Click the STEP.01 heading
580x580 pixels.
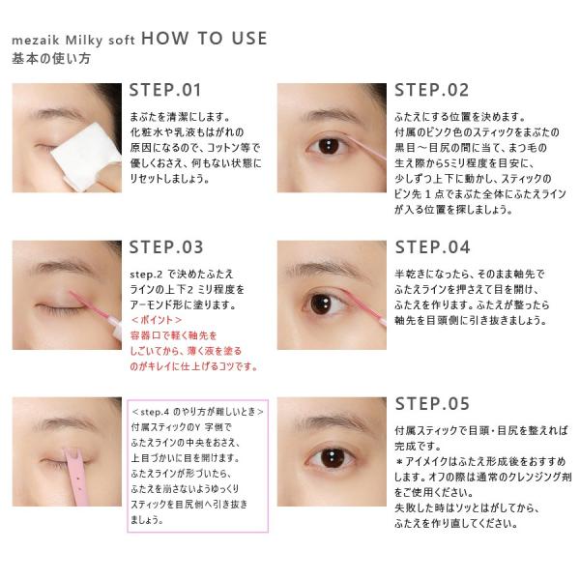pos(165,90)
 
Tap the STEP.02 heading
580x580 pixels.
pos(432,90)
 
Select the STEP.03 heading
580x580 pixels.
pos(166,247)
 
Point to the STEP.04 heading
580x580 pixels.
pos(432,247)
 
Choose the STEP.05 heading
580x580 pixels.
pos(432,404)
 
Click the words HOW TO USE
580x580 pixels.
pos(204,39)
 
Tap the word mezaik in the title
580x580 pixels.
pos(36,40)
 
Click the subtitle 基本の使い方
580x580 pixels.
pos(51,58)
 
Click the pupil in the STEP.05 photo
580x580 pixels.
pos(333,458)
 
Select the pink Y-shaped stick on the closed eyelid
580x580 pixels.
pos(77,476)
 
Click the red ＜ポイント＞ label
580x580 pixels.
pos(157,320)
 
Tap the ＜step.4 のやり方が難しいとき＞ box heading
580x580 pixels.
pos(198,412)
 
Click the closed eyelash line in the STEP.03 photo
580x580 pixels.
pos(59,307)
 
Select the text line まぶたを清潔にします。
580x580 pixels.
pos(180,117)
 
